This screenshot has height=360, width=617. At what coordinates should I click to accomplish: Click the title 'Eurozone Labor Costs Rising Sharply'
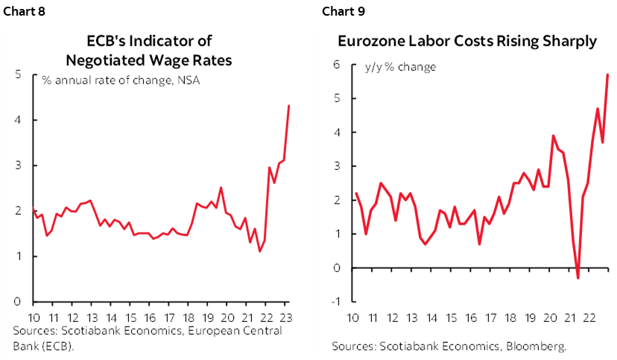tap(467, 42)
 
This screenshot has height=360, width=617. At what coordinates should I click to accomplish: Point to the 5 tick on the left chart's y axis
tap(16, 74)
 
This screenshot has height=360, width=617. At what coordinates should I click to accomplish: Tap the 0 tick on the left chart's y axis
tap(16, 302)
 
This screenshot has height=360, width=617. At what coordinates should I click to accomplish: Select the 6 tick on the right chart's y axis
tap(336, 65)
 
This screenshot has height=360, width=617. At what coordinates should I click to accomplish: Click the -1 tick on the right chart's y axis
tap(335, 301)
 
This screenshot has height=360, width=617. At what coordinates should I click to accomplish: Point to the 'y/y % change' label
tap(400, 67)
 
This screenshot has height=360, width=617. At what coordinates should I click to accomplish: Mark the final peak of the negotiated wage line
tap(289, 105)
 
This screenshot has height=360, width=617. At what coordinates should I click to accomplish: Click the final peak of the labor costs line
tap(608, 74)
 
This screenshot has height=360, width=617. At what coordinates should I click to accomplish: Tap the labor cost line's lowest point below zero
tap(578, 278)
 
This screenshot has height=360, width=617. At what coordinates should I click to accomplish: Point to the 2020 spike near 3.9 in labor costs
tap(552, 136)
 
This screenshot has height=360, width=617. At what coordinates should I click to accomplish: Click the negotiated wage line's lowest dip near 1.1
tap(259, 251)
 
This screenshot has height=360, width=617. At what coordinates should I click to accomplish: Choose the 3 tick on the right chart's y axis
tap(336, 166)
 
